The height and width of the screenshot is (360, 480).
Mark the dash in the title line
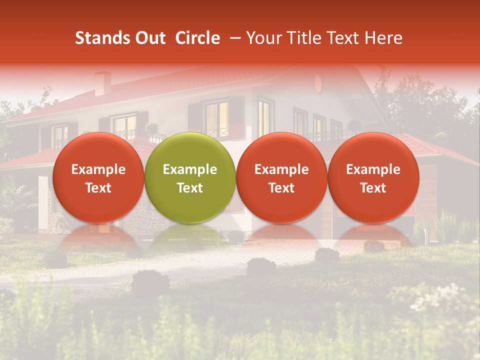click(x=234, y=38)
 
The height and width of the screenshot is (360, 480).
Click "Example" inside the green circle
click(x=190, y=169)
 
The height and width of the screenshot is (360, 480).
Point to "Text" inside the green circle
click(x=190, y=188)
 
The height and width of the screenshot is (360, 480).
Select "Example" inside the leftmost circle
click(x=98, y=169)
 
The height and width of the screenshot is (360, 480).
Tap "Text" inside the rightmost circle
click(x=373, y=188)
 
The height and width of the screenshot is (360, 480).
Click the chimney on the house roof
click(x=102, y=83)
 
